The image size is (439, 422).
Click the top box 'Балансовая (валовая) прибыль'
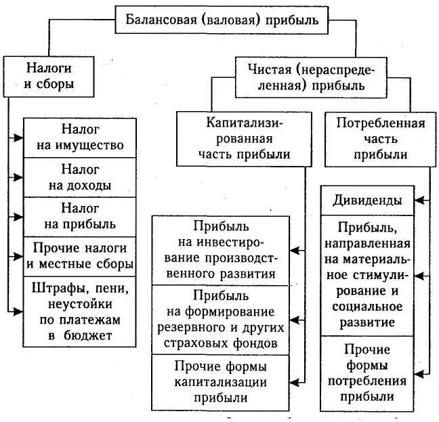pyautogui.click(x=222, y=19)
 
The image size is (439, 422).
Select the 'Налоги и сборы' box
pyautogui.click(x=49, y=77)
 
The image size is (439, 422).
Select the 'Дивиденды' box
pyautogui.click(x=367, y=201)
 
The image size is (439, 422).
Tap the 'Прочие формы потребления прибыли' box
pyautogui.click(x=367, y=373)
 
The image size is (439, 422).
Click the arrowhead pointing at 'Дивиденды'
pyautogui.click(x=419, y=201)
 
